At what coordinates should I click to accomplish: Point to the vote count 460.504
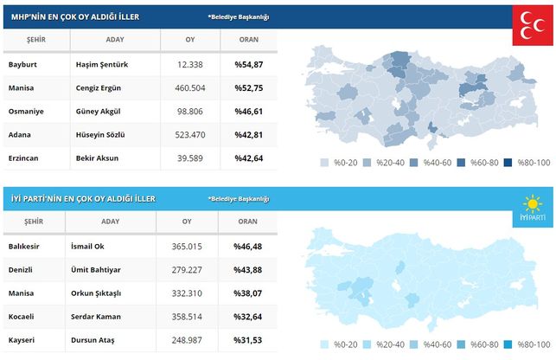click(x=190, y=88)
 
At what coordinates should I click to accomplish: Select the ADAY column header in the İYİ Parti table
click(x=114, y=222)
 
